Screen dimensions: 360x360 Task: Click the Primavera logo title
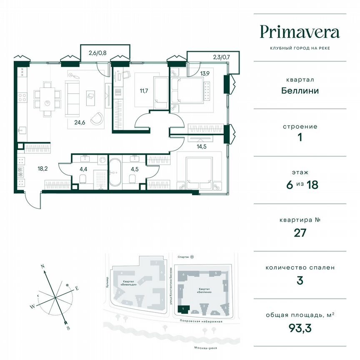[x=300, y=32]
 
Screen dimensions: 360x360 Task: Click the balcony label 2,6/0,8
[x=97, y=53]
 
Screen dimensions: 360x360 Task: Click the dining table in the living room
[x=48, y=99]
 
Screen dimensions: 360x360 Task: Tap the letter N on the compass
[x=42, y=265]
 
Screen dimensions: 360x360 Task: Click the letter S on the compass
[x=68, y=328]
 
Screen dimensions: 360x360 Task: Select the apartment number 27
[x=300, y=232]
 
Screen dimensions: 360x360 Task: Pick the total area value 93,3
[x=300, y=328]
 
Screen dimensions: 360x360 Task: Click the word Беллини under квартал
[x=300, y=90]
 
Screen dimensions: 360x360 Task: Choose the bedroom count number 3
[x=300, y=280]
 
